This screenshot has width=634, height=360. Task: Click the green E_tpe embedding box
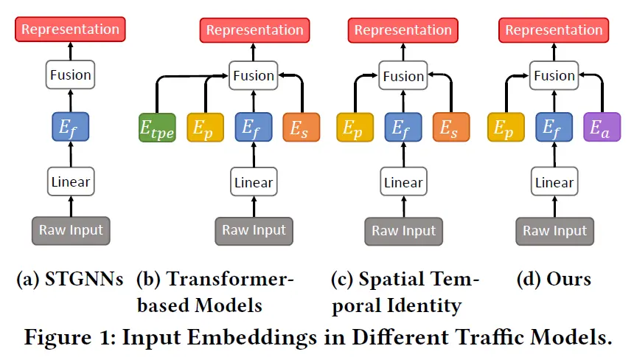tap(156, 128)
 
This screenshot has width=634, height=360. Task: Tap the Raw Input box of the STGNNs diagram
tap(71, 229)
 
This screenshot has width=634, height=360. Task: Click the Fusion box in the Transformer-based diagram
tap(253, 75)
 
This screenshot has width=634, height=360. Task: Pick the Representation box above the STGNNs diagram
tap(70, 30)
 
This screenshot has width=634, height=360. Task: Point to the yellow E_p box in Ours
tap(506, 128)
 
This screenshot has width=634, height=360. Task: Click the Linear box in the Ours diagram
tap(554, 182)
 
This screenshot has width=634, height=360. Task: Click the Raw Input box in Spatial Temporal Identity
tap(403, 231)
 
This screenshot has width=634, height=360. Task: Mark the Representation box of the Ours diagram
tap(554, 30)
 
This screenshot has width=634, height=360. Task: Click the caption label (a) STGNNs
tap(69, 280)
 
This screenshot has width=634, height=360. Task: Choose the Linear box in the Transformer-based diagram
tap(253, 182)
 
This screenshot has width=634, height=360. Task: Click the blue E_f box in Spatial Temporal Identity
tap(403, 128)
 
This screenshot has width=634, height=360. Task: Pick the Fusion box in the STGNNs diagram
tap(70, 75)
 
